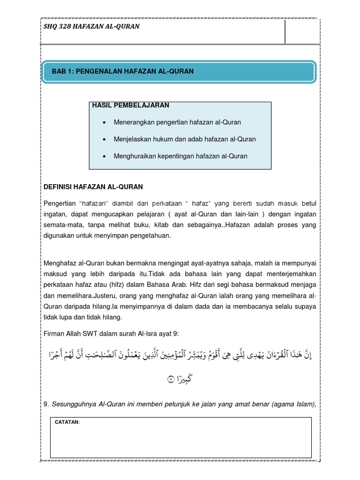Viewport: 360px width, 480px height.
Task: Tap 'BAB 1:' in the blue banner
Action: point(63,71)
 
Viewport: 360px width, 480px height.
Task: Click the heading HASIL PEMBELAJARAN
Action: point(131,105)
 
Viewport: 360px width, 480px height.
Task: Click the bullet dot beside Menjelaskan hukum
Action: point(104,140)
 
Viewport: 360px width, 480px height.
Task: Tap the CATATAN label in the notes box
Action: point(67,423)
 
